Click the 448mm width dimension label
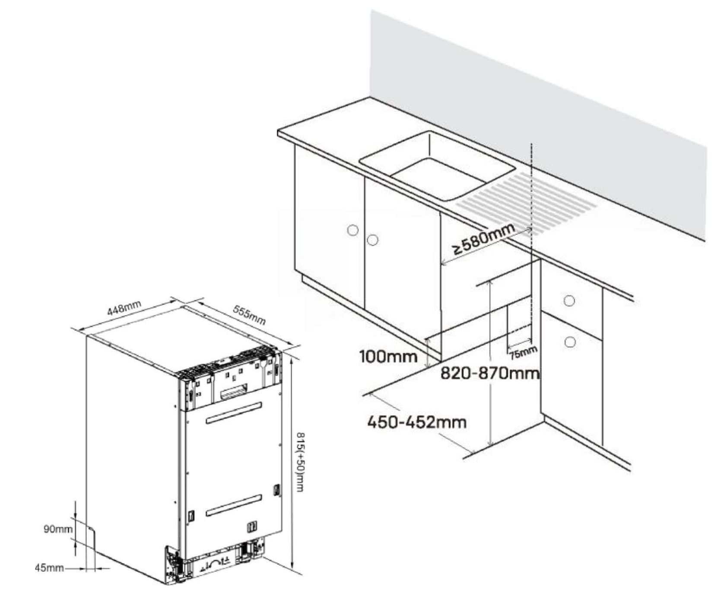[x=124, y=308]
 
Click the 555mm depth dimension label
[x=249, y=315]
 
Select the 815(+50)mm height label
[x=300, y=461]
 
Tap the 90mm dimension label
[x=58, y=529]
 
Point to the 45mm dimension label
[x=49, y=567]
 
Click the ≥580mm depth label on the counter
[x=484, y=238]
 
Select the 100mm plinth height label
[x=388, y=357]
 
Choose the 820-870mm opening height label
[x=490, y=373]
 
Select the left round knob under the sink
[x=353, y=230]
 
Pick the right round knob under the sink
[x=372, y=240]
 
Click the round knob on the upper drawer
[x=569, y=301]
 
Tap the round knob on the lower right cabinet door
[x=570, y=342]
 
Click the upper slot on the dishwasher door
[x=234, y=413]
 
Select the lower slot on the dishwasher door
[x=234, y=505]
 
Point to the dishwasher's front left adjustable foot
[x=173, y=566]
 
